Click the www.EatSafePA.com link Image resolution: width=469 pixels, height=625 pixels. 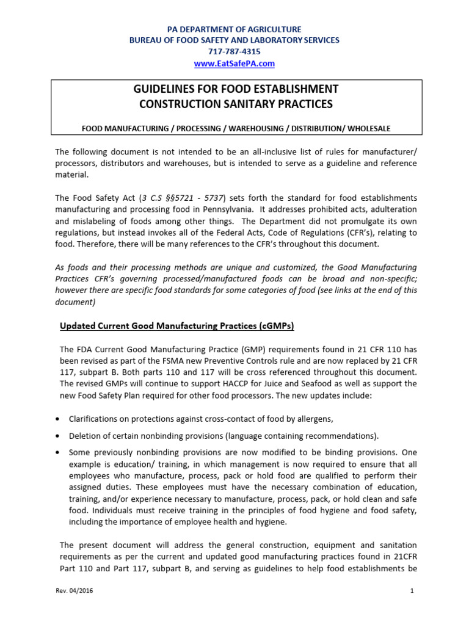click(x=234, y=63)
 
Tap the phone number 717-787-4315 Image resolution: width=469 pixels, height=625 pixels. click(x=234, y=52)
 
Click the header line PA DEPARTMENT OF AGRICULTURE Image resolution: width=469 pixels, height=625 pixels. click(x=234, y=29)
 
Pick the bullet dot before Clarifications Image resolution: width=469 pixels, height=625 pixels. click(x=57, y=419)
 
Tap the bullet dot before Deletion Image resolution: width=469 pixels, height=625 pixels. click(x=57, y=436)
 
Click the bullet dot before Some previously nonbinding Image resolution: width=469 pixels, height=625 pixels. click(x=57, y=453)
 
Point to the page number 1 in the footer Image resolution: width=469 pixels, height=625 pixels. click(x=412, y=591)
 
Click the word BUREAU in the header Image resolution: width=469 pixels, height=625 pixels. click(x=147, y=40)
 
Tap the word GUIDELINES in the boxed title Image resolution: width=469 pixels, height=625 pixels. click(x=165, y=89)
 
